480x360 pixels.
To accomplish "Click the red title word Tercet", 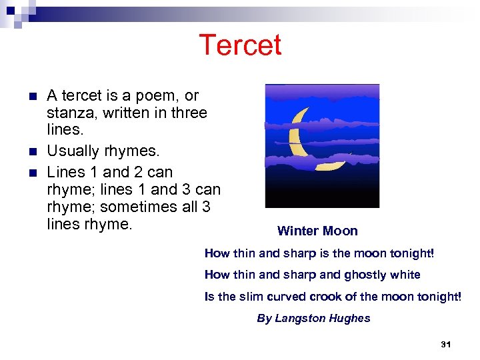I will [240, 45].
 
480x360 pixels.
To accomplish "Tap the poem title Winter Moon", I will [317, 231].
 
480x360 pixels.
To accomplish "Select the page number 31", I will [446, 344].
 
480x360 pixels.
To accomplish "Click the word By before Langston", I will [264, 319].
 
